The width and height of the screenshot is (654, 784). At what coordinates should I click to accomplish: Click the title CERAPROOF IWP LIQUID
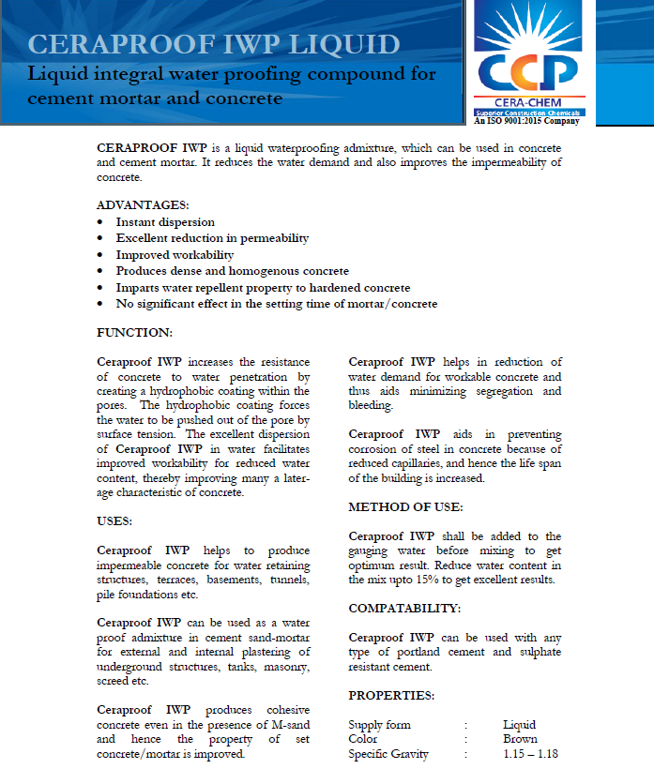point(215,44)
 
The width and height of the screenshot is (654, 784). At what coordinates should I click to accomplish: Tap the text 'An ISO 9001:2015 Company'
point(526,120)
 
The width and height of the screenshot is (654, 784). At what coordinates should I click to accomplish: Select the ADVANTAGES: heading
point(143,204)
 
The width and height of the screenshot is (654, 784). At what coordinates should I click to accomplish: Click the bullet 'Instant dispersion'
point(165,222)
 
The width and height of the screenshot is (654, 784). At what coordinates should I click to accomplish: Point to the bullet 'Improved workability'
point(175,255)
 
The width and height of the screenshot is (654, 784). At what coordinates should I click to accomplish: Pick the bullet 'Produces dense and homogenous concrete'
point(232,271)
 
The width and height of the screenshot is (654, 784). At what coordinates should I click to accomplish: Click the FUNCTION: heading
point(135,332)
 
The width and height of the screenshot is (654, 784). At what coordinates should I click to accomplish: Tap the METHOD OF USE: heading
point(405,506)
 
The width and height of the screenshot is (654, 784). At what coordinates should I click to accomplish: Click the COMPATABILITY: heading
point(404,608)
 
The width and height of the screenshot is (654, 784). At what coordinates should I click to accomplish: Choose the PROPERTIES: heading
point(391,696)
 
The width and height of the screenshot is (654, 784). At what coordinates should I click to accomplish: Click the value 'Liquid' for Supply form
point(519,725)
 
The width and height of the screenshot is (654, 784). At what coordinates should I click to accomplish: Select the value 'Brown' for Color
point(520,739)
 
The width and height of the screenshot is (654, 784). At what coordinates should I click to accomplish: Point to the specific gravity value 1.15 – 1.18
point(531,754)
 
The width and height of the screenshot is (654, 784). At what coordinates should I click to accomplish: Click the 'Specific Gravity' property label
point(388,754)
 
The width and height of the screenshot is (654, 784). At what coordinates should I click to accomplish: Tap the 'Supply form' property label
point(379,725)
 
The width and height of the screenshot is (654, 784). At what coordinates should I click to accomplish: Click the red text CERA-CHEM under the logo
point(526,101)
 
